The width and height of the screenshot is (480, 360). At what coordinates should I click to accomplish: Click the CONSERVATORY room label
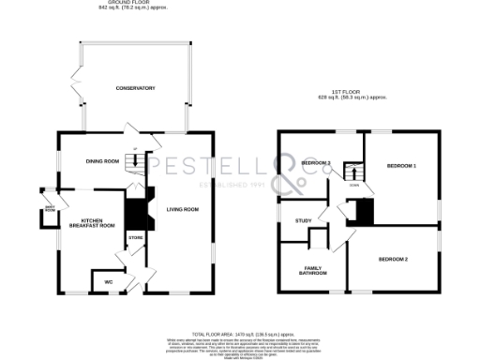pos(135,88)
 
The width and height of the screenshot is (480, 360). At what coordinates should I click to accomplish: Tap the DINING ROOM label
pos(103,161)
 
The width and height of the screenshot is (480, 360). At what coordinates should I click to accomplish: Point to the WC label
pos(108,281)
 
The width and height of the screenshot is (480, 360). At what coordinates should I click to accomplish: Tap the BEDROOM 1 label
pos(401,166)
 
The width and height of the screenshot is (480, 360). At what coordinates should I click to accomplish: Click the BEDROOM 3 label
pos(316,163)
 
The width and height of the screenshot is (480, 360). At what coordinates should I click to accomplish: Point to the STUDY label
pos(303,220)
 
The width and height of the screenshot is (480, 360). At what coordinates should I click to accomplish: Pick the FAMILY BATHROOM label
pos(312,270)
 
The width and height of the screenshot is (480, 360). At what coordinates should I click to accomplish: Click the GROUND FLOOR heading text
pos(124,4)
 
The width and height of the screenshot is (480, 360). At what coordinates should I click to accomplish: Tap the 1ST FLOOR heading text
pos(352,93)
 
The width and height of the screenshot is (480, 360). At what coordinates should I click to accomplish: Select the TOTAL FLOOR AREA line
pos(239,333)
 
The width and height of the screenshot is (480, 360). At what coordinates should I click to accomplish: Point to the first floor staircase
pos(352,174)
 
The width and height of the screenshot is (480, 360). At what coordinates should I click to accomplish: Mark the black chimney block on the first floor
pos(361,212)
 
